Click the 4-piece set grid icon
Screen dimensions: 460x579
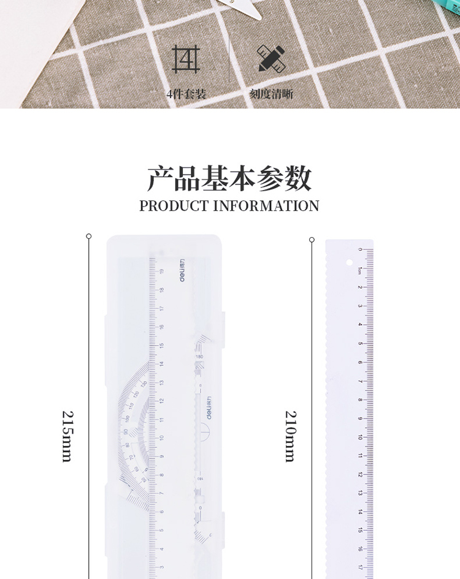[x=186, y=59]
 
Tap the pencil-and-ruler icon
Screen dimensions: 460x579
[x=270, y=59]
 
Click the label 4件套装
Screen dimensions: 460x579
[x=186, y=94]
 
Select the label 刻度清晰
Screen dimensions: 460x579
[x=270, y=94]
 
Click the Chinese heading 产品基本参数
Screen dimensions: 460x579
[x=229, y=178]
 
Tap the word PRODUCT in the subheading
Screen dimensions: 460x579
[x=174, y=206]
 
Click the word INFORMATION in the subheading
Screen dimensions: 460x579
[x=266, y=206]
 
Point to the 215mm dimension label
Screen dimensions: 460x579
[x=67, y=436]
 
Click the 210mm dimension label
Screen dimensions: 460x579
[x=290, y=436]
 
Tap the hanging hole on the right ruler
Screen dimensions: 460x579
[x=350, y=263]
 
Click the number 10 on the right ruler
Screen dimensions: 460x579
[x=360, y=437]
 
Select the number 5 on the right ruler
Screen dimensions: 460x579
[x=360, y=343]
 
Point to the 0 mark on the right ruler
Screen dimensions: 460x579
[x=361, y=250]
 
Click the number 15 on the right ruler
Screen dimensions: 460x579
[x=360, y=531]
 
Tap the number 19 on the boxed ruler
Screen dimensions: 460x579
[x=161, y=271]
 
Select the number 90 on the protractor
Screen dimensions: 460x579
[x=126, y=431]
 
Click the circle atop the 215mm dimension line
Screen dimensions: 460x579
[x=89, y=236]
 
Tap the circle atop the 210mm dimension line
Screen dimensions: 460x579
[x=312, y=240]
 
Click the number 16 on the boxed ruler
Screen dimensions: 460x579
[x=161, y=327]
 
